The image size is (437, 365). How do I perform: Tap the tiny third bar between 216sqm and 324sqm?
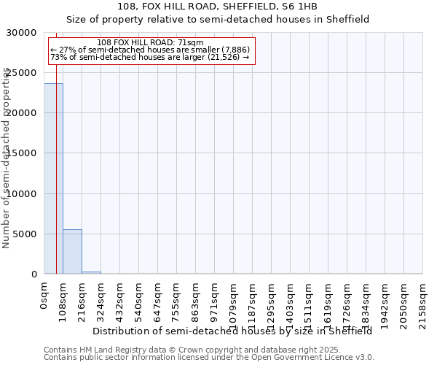pyautogui.click(x=91, y=272)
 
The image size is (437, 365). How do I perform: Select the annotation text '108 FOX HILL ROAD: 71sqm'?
pyautogui.click(x=150, y=43)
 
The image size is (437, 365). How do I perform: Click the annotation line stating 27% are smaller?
pyautogui.click(x=150, y=50)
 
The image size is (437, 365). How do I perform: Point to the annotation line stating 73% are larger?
pyautogui.click(x=150, y=58)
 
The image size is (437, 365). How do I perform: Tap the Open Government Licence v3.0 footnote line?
pyautogui.click(x=209, y=358)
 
